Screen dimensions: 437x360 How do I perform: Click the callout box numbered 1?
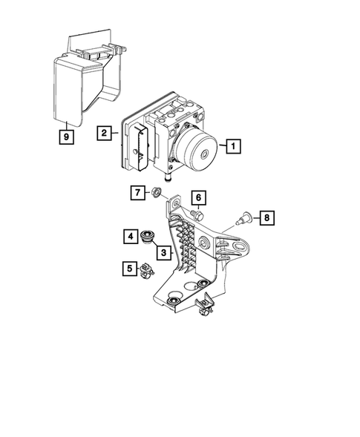click(x=232, y=147)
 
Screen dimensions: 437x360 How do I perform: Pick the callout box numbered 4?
click(x=130, y=237)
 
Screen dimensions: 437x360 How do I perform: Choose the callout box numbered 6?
click(x=198, y=198)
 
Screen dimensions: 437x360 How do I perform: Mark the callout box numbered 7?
click(x=138, y=194)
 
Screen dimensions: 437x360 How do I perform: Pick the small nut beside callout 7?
click(x=157, y=194)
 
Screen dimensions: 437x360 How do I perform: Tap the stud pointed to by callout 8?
click(x=241, y=218)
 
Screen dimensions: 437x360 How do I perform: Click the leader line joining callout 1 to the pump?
click(x=220, y=147)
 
